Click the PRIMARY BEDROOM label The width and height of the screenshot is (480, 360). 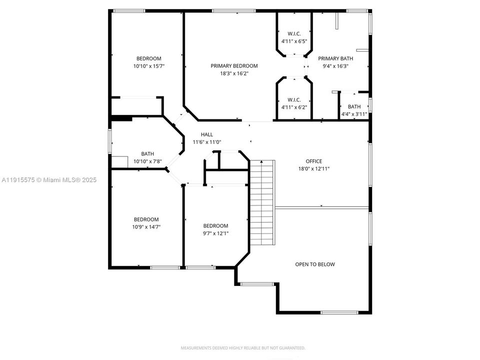point(234,66)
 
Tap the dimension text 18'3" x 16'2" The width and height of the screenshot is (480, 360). point(234,73)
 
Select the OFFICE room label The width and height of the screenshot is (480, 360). point(314,161)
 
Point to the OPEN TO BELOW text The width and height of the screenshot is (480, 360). point(315,264)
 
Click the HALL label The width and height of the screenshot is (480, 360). point(207,134)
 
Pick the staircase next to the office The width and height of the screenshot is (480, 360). point(262,202)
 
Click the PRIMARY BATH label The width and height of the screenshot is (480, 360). point(335,58)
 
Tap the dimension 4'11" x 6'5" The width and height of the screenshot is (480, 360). point(294,41)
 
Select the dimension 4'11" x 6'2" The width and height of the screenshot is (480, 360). point(294,106)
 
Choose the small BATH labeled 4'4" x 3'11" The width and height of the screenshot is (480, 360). point(354,106)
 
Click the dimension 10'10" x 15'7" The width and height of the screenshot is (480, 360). point(149,66)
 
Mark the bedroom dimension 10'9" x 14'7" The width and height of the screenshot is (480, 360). point(146,227)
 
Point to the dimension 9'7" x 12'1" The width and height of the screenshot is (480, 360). point(216,233)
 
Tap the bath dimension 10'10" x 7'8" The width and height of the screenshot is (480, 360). point(147,161)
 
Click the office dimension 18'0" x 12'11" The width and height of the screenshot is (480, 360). point(314,168)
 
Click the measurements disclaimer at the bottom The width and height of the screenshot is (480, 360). point(242,348)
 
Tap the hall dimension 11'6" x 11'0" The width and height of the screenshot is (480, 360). point(207,142)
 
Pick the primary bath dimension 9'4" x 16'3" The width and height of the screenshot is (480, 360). point(335,66)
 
